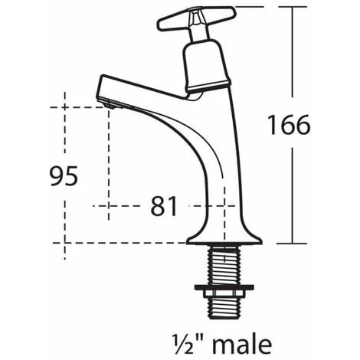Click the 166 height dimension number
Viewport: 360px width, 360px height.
coord(290,125)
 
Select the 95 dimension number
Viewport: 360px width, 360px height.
coord(64,176)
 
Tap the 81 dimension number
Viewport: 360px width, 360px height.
coord(164,206)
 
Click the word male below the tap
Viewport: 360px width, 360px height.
coord(242,345)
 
